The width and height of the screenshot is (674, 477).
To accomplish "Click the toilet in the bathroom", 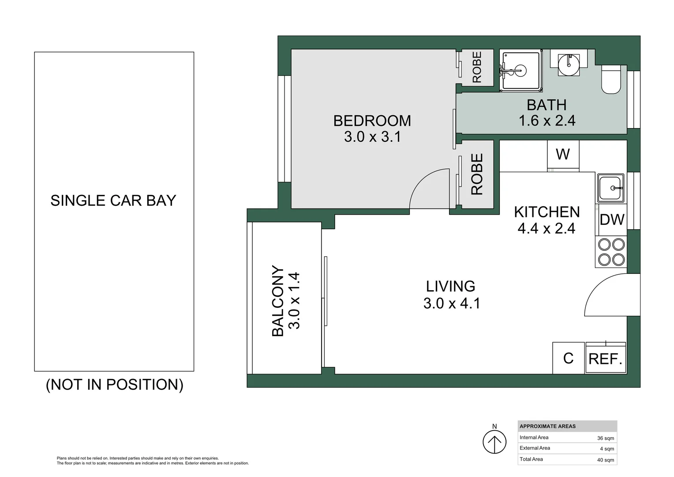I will [611, 79].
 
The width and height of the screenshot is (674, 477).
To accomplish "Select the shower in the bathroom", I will [520, 71].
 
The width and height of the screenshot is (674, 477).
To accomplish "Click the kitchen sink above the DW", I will [610, 188].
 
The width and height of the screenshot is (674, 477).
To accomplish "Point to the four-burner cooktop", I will [611, 252].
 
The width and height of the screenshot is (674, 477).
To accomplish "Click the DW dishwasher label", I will [612, 220].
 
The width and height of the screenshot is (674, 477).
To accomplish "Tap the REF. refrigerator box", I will [605, 359].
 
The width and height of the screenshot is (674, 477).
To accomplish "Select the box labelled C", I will [568, 358].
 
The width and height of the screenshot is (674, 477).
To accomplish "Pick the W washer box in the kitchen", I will [563, 155].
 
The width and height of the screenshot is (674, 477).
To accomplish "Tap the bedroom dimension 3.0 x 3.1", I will [372, 137].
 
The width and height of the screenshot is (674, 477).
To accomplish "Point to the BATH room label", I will [547, 105].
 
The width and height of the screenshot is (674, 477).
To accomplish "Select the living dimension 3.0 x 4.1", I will [451, 303].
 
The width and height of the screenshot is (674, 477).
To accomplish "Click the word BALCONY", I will [278, 301].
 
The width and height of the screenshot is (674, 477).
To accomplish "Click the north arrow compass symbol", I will [494, 442].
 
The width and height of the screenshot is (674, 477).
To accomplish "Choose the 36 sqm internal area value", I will [605, 438].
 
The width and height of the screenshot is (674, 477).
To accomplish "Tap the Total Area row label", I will [531, 459].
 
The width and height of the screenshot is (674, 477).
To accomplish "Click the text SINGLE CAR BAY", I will [113, 201].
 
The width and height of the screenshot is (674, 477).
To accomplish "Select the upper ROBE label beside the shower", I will [477, 67].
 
